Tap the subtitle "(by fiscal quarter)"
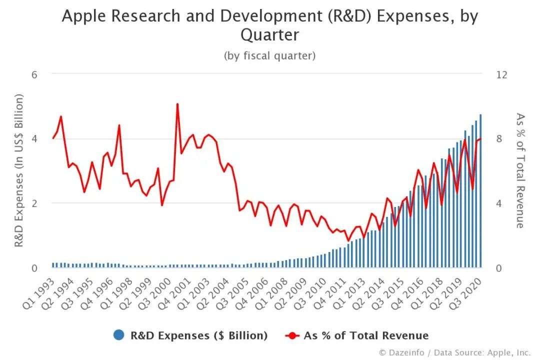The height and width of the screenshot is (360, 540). click(x=269, y=55)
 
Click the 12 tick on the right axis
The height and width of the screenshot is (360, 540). click(x=501, y=74)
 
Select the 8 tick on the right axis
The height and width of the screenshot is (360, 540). click(x=498, y=138)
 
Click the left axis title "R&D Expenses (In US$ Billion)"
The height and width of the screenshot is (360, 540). click(x=19, y=171)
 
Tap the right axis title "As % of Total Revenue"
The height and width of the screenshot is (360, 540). click(x=520, y=171)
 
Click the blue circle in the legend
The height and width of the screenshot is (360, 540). click(x=118, y=335)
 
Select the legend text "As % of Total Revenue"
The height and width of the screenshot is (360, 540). click(x=366, y=335)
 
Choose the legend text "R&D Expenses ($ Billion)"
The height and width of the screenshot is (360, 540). click(x=199, y=335)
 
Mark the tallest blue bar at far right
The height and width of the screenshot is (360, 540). click(x=480, y=190)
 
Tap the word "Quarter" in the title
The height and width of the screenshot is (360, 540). click(x=269, y=35)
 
